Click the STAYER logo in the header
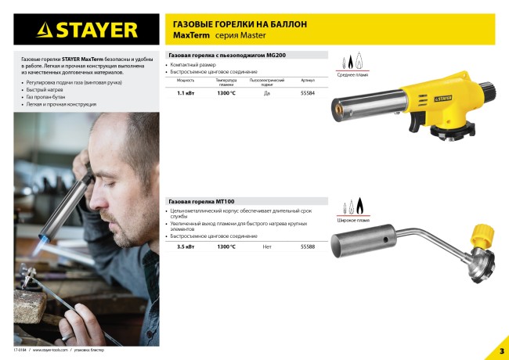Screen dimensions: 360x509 coord(87,31)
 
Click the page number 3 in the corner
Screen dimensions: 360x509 coord(501,349)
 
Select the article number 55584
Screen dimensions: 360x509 coord(308,94)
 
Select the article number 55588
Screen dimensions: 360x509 coord(308,247)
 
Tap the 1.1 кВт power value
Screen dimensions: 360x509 coord(185,94)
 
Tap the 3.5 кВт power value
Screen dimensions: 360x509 coord(185,247)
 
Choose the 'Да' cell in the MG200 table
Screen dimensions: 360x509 coord(266,94)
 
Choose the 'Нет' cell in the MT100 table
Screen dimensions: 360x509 coord(267,247)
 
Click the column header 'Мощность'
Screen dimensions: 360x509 coord(185,81)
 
